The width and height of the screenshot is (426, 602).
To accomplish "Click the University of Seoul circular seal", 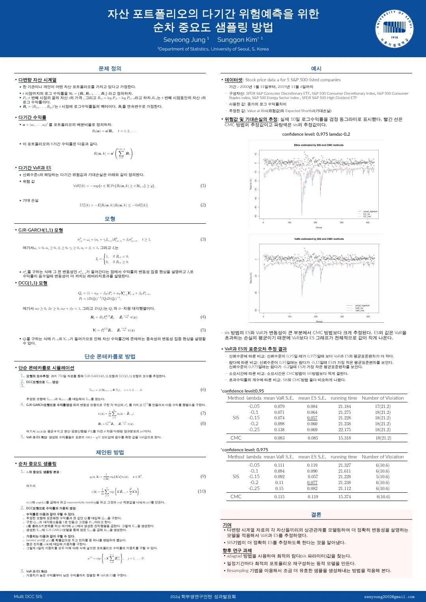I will coord(394,29).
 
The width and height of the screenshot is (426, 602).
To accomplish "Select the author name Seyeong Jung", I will coord(184,39).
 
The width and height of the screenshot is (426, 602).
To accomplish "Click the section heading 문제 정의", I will coord(110,69).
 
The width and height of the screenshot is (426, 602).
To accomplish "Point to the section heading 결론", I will coord(316,515).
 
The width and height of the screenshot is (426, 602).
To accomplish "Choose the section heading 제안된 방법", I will coord(110,452).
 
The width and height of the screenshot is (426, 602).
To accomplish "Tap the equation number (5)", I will coord(203,330).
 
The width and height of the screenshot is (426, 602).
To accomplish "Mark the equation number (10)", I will coord(202,491).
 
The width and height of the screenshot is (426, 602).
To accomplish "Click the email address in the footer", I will coord(389,597).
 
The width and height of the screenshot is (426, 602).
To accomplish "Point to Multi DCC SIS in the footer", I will coord(28,596).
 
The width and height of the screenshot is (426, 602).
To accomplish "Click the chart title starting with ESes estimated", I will coord(319,145).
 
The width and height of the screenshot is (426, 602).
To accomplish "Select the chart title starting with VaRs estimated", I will coord(319,239).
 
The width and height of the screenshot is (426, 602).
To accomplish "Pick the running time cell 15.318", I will coord(344,438).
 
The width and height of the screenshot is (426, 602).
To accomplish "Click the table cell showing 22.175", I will coord(344,430).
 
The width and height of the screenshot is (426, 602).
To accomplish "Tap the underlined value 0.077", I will coord(312,482).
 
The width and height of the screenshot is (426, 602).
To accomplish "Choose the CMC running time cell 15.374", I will coord(344,497).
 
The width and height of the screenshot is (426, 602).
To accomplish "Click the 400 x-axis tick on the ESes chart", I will coord(368,222).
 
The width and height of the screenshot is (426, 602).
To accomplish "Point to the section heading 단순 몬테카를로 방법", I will coord(110,357).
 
